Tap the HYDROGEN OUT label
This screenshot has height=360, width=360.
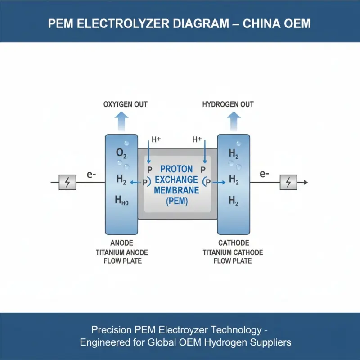tap(228, 104)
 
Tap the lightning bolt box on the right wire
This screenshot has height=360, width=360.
tap(288, 182)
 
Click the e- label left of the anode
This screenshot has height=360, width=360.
tap(91, 174)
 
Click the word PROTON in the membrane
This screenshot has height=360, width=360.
tap(176, 169)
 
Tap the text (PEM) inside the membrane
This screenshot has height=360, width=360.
tap(176, 201)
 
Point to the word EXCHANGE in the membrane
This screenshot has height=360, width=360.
tap(176, 180)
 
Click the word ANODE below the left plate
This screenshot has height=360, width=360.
tap(119, 243)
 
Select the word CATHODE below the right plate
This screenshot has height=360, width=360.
tap(233, 243)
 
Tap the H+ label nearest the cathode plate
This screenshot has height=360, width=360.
tap(197, 139)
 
